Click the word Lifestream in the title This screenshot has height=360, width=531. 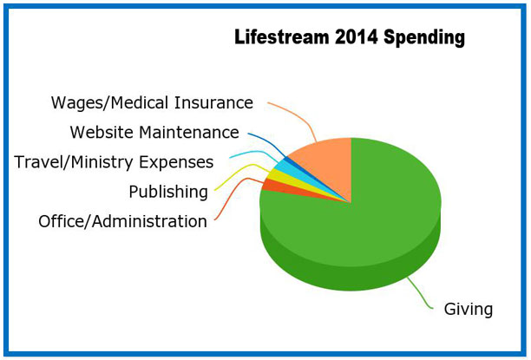click(x=281, y=36)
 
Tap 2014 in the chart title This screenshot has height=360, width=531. click(x=356, y=36)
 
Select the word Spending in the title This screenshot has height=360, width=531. click(x=424, y=37)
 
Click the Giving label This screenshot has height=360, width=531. click(x=469, y=310)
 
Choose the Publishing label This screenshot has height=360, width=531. click(x=168, y=192)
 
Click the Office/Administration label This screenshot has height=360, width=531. click(x=122, y=221)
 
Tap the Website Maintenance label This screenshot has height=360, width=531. click(x=154, y=133)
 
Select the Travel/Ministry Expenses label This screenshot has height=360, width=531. click(x=114, y=162)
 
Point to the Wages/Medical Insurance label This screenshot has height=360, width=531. click(x=152, y=102)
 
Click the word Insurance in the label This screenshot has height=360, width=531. click(x=213, y=102)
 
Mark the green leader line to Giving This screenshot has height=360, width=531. click(x=419, y=294)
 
